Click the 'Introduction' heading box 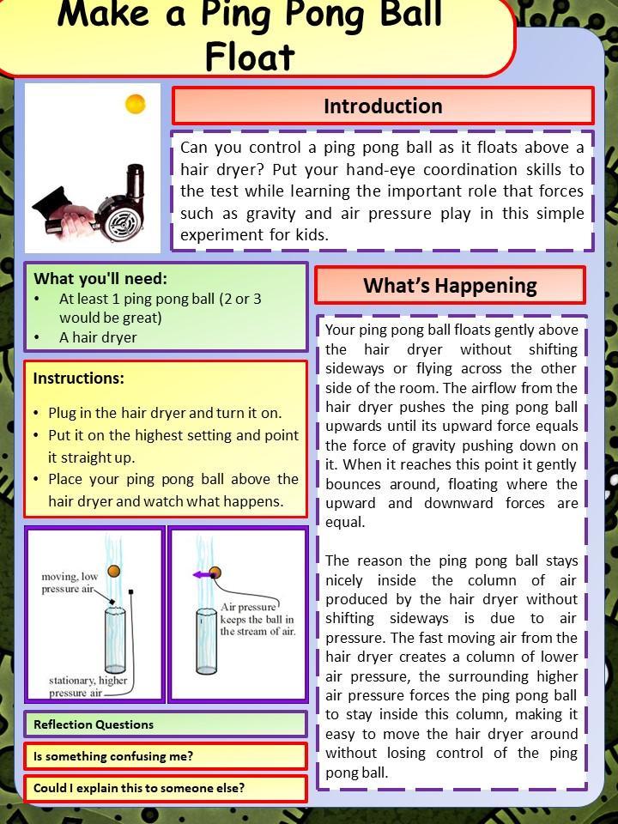[x=383, y=106]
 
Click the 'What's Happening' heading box [x=450, y=286]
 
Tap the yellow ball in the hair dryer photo [x=136, y=104]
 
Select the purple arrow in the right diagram [x=200, y=574]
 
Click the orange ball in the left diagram [x=113, y=571]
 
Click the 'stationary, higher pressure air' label [x=88, y=686]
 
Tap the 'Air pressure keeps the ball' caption [x=257, y=619]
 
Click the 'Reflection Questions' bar [x=94, y=724]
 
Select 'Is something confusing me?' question [x=113, y=756]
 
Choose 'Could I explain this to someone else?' [x=139, y=788]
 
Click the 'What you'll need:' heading [x=100, y=279]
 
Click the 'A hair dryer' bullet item [x=97, y=337]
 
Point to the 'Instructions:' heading [x=78, y=379]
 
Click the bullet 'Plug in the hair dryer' [x=164, y=413]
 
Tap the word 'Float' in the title [x=250, y=57]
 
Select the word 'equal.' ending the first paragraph [x=345, y=522]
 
